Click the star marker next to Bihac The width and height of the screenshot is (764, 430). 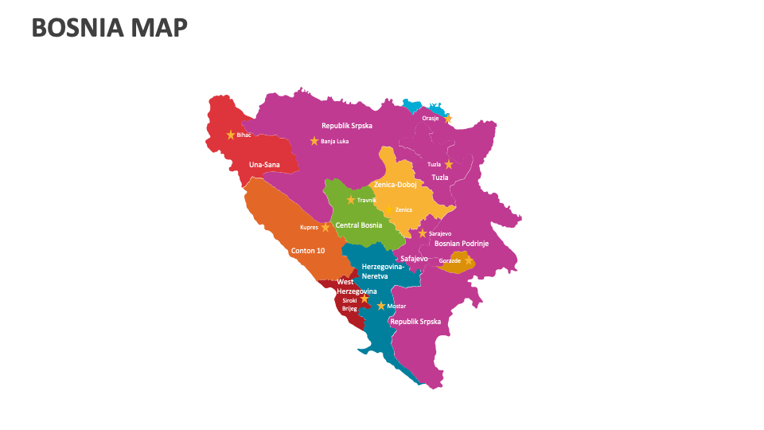click(231, 135)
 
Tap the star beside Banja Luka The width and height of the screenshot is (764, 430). click(314, 141)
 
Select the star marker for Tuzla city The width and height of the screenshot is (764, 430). click(449, 164)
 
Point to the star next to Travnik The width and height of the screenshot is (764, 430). click(351, 200)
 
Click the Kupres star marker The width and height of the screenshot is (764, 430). click(325, 227)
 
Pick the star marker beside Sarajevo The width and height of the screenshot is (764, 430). click(423, 233)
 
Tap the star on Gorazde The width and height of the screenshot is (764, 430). click(468, 260)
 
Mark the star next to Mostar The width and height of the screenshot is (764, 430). click(381, 306)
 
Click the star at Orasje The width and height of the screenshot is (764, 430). click(447, 119)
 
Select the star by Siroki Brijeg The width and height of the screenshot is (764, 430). click(364, 299)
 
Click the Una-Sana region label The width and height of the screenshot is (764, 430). click(264, 165)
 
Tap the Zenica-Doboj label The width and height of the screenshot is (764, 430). click(396, 184)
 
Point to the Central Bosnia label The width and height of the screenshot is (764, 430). click(359, 225)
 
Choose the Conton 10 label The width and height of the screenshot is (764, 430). click(308, 251)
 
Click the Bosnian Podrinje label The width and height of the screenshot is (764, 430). click(462, 244)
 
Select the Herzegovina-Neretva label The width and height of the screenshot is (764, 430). click(383, 271)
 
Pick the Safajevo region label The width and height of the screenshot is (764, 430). click(414, 259)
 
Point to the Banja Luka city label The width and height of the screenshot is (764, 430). click(335, 142)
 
